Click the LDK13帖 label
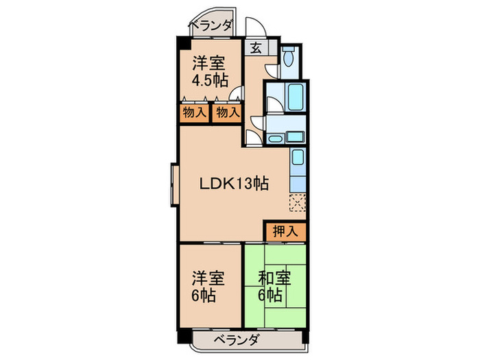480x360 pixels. [233, 183]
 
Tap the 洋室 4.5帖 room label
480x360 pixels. [210, 71]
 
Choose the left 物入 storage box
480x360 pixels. [194, 112]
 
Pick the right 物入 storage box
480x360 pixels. [227, 112]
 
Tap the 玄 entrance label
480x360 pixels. [255, 48]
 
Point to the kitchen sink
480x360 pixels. [298, 159]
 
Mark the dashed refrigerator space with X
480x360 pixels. [298, 203]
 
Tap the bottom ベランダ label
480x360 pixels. [235, 339]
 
